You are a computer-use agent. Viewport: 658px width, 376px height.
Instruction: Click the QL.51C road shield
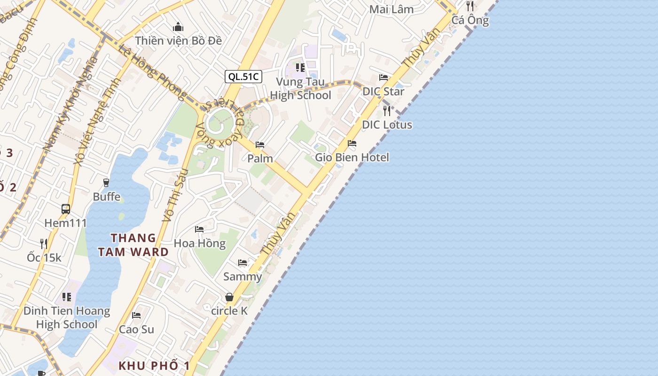pyautogui.click(x=243, y=77)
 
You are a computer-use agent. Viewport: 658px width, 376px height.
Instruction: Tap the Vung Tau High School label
pyautogui.click(x=300, y=89)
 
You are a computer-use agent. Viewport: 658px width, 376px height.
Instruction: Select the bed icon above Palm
pyautogui.click(x=260, y=145)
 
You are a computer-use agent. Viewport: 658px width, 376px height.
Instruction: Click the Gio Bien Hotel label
pyautogui.click(x=352, y=157)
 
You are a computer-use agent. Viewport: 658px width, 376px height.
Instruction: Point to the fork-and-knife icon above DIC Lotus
pyautogui.click(x=387, y=111)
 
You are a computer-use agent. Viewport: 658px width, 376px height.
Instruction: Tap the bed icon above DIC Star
pyautogui.click(x=384, y=78)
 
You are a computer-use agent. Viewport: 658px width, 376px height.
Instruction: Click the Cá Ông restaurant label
pyautogui.click(x=470, y=20)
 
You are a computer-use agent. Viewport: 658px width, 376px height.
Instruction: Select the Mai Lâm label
pyautogui.click(x=392, y=9)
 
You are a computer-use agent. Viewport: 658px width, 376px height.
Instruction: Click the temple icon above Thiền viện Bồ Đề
pyautogui.click(x=178, y=27)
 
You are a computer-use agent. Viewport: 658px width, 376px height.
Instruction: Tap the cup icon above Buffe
pyautogui.click(x=106, y=182)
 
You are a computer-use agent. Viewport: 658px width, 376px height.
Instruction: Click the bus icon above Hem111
pyautogui.click(x=66, y=209)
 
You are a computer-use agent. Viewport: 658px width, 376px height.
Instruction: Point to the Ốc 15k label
pyautogui.click(x=44, y=258)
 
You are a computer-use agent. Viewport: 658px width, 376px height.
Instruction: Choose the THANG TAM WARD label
pyautogui.click(x=133, y=245)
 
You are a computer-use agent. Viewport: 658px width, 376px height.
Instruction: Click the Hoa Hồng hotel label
pyautogui.click(x=200, y=243)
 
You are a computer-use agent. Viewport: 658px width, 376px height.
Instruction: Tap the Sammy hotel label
pyautogui.click(x=243, y=276)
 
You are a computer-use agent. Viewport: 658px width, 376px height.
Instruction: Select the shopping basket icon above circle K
pyautogui.click(x=229, y=297)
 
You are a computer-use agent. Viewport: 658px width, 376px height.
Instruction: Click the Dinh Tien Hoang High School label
pyautogui.click(x=67, y=318)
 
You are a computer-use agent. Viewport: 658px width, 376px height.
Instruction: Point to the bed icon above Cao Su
pyautogui.click(x=136, y=315)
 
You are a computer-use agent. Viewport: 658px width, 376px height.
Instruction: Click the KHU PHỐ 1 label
pyautogui.click(x=154, y=366)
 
